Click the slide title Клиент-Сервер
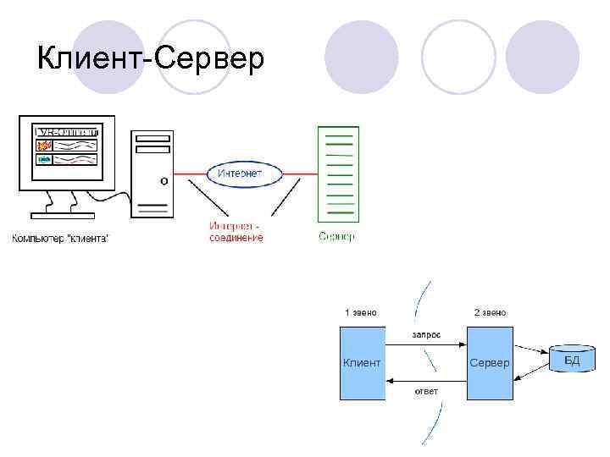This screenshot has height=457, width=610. click(x=151, y=59)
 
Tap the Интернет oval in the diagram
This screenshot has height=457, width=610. click(x=240, y=173)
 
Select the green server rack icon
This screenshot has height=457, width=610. click(x=338, y=174)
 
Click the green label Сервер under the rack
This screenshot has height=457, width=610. click(x=337, y=237)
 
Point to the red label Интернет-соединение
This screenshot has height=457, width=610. click(x=236, y=232)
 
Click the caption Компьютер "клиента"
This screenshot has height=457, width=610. click(x=60, y=238)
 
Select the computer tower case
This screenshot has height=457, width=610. click(x=152, y=173)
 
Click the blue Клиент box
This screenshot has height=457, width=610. click(x=362, y=363)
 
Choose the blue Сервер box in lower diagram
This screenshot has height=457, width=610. click(x=489, y=363)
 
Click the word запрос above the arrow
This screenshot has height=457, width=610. click(x=426, y=334)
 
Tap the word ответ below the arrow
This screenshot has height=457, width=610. click(x=426, y=392)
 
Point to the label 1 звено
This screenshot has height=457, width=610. click(x=360, y=312)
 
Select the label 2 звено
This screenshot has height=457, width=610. click(x=490, y=312)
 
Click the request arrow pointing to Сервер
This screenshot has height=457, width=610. click(x=426, y=344)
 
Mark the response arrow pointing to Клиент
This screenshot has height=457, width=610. click(x=426, y=381)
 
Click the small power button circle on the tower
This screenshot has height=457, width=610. click(x=164, y=180)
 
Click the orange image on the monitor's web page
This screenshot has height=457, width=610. click(x=45, y=146)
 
